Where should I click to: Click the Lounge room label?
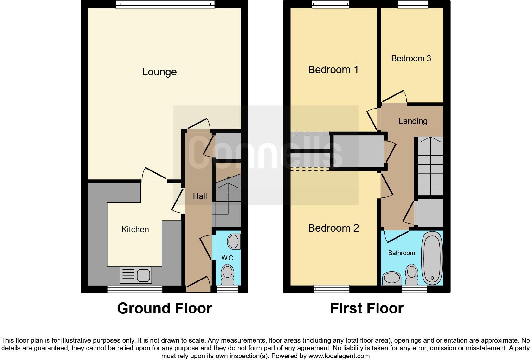click(159, 72)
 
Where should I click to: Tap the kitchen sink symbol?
click(136, 275)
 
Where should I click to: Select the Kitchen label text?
click(135, 229)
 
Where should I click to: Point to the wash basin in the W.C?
click(234, 242)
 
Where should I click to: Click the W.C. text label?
click(228, 258)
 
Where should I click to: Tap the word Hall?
click(200, 196)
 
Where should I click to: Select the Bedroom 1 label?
click(333, 70)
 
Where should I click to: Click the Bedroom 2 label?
click(333, 228)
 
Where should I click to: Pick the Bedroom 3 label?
click(411, 58)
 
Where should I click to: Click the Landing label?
click(413, 121)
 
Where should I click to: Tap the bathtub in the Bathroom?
click(431, 258)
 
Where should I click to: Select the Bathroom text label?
click(401, 253)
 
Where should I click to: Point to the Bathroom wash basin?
click(392, 278)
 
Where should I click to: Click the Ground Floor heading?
click(164, 308)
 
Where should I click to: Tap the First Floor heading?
click(366, 308)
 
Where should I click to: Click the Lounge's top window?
click(165, 4)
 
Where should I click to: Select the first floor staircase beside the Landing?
click(430, 166)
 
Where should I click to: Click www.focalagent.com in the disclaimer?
click(339, 356)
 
